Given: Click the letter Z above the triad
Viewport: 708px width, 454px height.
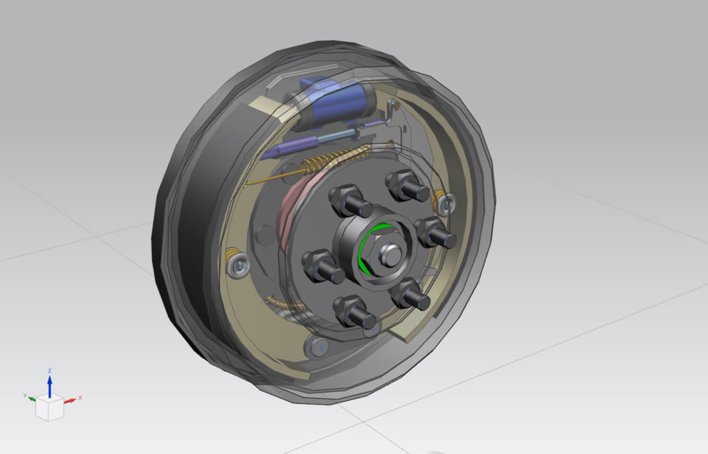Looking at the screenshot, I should tap(49, 371).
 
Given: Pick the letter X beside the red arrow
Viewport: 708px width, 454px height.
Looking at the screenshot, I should tap(80, 398).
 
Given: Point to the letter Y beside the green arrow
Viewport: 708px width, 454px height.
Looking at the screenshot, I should tap(25, 396).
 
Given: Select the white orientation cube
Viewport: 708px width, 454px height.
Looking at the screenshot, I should tap(49, 408).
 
